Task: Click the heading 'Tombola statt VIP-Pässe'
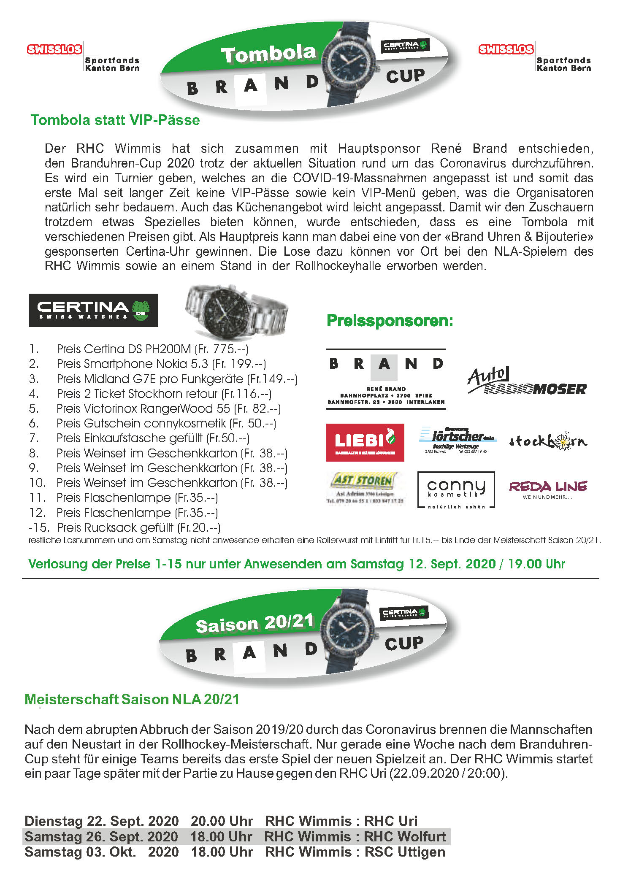point(115,120)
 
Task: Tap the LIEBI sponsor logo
point(365,442)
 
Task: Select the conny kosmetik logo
point(456,489)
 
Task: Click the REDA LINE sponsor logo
point(548,489)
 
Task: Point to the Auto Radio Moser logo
point(527,381)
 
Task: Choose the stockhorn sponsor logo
point(548,441)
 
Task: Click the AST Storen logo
point(366,488)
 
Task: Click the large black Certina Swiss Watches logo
point(93,310)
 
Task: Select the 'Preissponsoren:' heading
point(390,321)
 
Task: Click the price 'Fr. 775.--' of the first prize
point(222,349)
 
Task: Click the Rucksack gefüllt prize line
point(138,527)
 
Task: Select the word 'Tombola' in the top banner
point(268,54)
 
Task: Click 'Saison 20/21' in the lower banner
point(254,624)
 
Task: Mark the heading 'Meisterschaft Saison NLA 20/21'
point(132,699)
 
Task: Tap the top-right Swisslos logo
point(506,49)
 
